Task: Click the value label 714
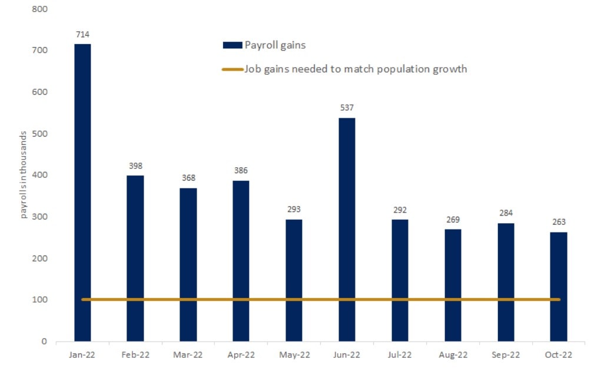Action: click(82, 35)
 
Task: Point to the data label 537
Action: click(347, 108)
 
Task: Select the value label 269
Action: click(453, 220)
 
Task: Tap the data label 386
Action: click(241, 171)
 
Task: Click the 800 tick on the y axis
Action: click(41, 9)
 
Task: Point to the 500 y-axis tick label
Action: click(41, 134)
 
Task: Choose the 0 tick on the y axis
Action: click(44, 341)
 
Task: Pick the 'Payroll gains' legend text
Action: click(275, 45)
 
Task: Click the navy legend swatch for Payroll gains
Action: click(233, 45)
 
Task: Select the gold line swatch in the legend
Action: click(233, 69)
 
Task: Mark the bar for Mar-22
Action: click(188, 265)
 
